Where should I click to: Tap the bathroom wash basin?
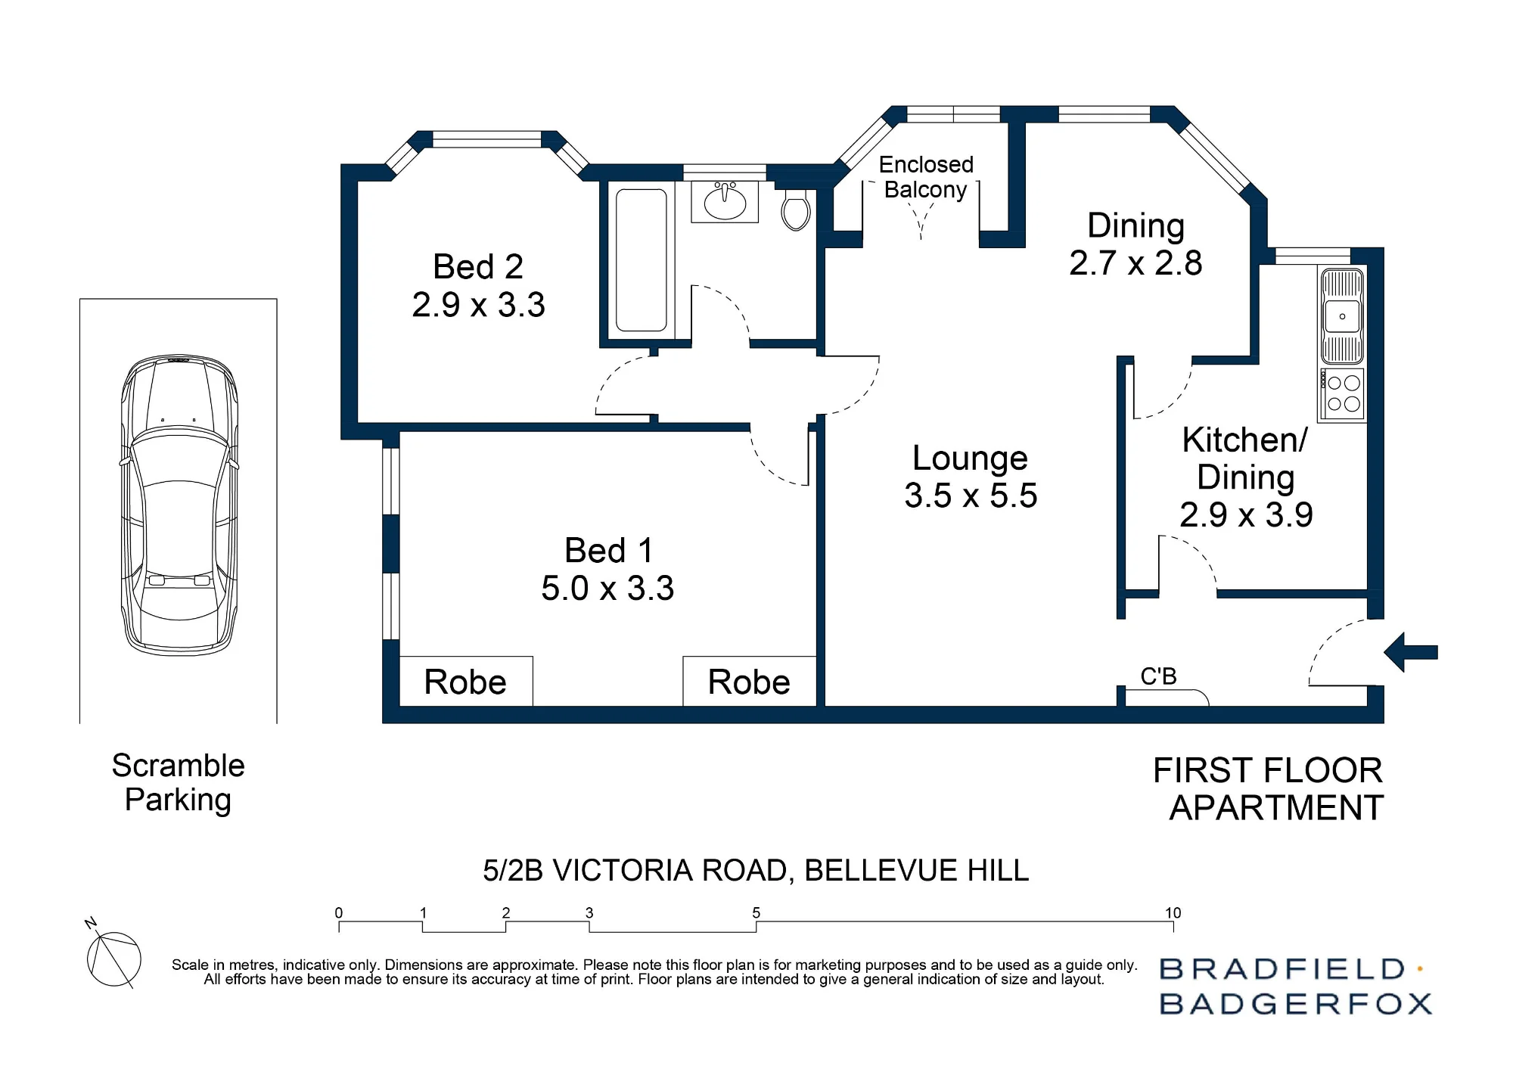click(725, 201)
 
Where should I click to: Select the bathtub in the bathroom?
click(642, 260)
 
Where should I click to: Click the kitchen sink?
click(1342, 317)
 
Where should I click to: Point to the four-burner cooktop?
click(1342, 394)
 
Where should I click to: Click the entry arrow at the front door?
click(1411, 652)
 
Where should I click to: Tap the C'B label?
click(1158, 676)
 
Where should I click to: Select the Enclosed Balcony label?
click(926, 177)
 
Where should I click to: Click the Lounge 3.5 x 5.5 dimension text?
click(971, 496)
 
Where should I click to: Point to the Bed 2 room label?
click(478, 266)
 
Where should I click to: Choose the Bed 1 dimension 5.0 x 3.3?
click(607, 588)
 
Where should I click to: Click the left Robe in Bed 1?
click(465, 682)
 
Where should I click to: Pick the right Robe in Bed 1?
click(749, 682)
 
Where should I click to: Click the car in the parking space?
click(179, 505)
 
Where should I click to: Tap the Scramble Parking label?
click(179, 782)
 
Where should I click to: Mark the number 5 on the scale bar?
click(756, 912)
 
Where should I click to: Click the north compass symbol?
click(113, 955)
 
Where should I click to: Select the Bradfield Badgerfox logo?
click(1296, 987)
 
